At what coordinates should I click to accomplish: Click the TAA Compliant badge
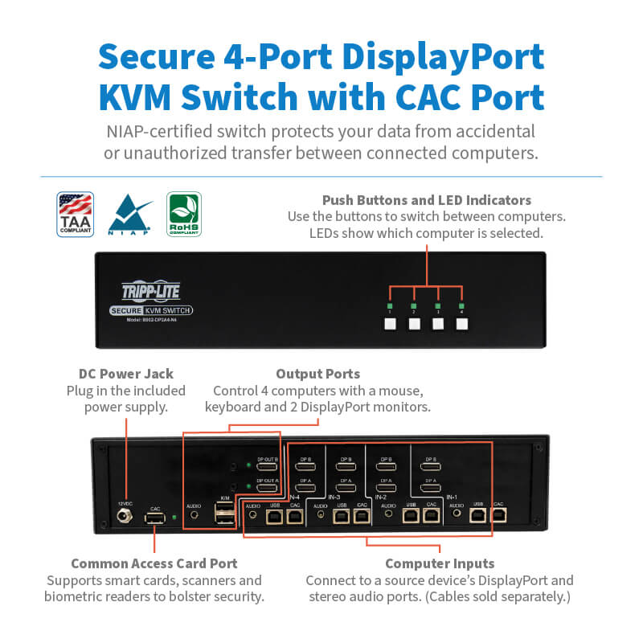point(76,214)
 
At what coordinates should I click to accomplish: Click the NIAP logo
point(129,214)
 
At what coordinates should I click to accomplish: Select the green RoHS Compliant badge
point(183,213)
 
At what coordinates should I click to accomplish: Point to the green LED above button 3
point(438,306)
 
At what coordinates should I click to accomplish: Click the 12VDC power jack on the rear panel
point(125,518)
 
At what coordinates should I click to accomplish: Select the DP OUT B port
point(267,467)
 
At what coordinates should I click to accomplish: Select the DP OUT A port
point(267,488)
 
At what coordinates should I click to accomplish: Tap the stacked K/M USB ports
point(225,517)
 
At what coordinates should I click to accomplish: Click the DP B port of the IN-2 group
point(387,467)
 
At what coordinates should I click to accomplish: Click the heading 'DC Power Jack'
point(125,374)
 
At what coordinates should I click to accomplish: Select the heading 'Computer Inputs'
point(439,563)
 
